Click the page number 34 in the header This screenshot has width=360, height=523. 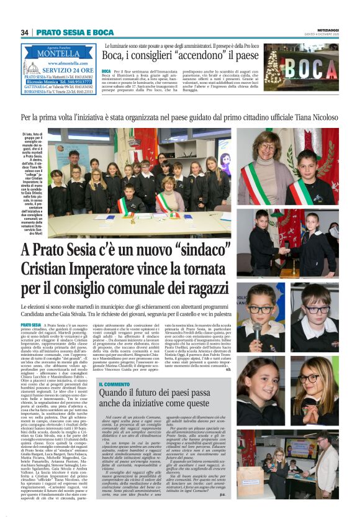tap(25, 32)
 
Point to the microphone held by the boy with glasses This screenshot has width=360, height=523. tap(257, 330)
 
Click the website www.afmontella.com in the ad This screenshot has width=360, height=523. tap(65, 62)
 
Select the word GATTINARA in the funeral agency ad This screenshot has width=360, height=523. tap(32, 87)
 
